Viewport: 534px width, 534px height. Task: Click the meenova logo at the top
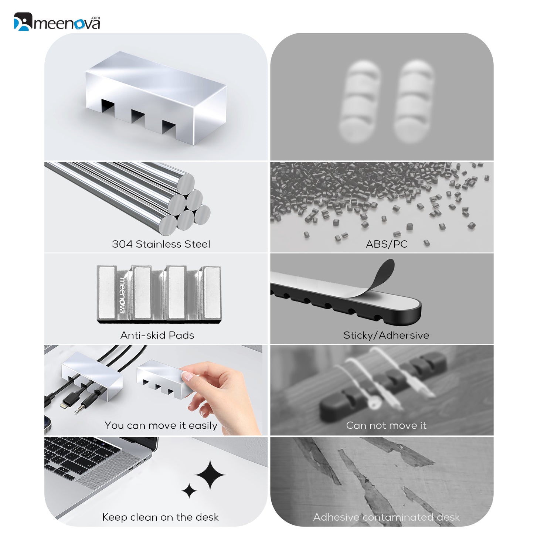(x=57, y=21)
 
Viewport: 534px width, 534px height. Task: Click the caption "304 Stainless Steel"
(x=161, y=244)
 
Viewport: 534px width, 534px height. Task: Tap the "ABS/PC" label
(x=386, y=244)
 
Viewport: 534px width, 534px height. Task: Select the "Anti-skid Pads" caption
(x=157, y=335)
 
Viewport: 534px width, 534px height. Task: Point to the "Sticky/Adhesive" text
(x=386, y=335)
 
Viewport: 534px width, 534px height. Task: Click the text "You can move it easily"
(x=161, y=425)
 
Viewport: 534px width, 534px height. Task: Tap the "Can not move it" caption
(x=386, y=425)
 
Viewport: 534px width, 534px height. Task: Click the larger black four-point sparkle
(x=210, y=475)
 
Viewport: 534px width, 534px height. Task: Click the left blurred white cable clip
(x=360, y=101)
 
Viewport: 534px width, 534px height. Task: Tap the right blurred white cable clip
(x=414, y=101)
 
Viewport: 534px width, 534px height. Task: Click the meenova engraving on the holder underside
(x=122, y=295)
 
